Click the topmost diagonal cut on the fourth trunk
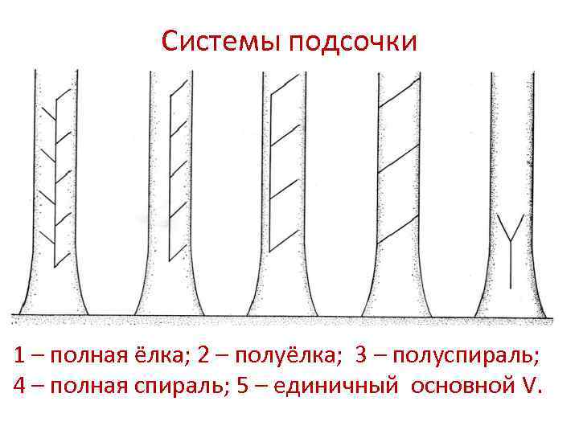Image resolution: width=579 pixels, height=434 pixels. point(400,94)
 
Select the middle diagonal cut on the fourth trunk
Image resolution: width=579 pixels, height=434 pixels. point(400,161)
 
